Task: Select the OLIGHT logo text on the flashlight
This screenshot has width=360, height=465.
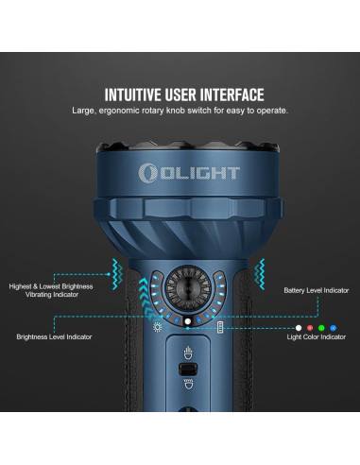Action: pos(197,173)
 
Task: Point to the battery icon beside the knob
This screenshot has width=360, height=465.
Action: pos(219,326)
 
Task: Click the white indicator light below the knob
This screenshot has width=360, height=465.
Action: pos(187,321)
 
